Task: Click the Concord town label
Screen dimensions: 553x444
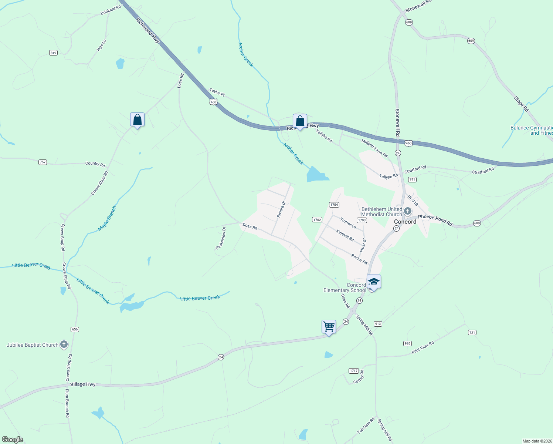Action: click(405, 222)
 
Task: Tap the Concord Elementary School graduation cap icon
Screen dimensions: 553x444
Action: click(374, 282)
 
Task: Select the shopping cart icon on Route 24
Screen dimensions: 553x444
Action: click(329, 327)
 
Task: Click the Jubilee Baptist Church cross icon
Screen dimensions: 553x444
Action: click(64, 345)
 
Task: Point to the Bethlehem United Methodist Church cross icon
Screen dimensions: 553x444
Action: click(408, 211)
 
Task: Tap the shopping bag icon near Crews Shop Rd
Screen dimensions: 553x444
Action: click(137, 120)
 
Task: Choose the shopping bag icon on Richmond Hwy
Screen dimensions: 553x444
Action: click(300, 121)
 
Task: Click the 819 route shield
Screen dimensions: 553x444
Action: click(54, 53)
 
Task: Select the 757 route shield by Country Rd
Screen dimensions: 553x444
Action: click(43, 162)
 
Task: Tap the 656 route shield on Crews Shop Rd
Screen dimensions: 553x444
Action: click(75, 329)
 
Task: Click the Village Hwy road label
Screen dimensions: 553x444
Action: click(83, 384)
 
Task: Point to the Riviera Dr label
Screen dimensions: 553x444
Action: click(281, 209)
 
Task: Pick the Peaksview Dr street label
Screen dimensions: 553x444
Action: click(221, 238)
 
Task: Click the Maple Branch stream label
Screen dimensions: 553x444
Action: click(107, 218)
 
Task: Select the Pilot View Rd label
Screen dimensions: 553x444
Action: click(423, 347)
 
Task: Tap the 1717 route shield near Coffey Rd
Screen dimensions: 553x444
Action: click(353, 371)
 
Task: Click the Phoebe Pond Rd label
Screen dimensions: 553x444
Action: click(435, 220)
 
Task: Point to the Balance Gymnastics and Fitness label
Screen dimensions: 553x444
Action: click(532, 130)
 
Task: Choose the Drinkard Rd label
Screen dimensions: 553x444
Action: click(111, 10)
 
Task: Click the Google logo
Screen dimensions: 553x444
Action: click(13, 440)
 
